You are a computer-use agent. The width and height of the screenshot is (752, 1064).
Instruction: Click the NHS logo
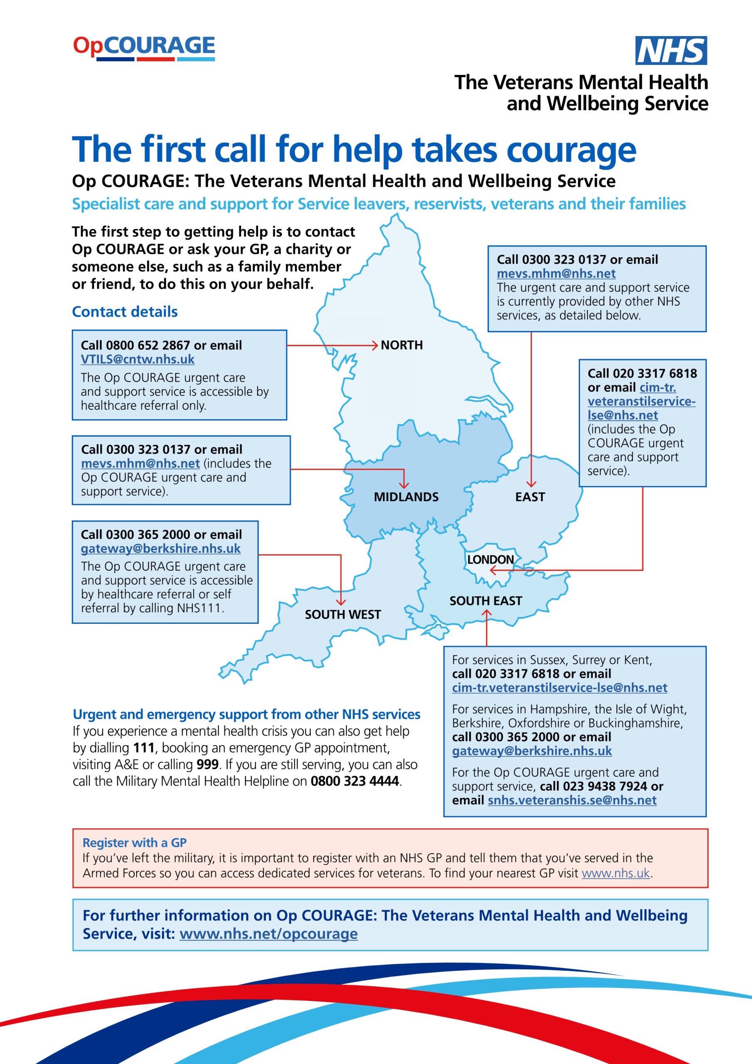click(x=671, y=51)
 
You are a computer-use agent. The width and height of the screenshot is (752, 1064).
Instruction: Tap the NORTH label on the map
click(x=402, y=345)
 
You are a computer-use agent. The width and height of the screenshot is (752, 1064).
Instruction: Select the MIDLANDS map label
click(x=406, y=497)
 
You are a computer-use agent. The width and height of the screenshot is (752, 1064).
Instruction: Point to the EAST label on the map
click(x=530, y=497)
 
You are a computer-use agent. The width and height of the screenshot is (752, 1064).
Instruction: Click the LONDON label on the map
click(x=490, y=559)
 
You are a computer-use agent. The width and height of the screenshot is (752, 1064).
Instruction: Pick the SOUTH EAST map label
click(x=486, y=601)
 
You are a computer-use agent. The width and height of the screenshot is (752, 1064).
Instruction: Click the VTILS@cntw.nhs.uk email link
click(x=138, y=359)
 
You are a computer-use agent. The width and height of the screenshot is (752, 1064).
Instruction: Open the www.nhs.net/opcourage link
click(x=268, y=933)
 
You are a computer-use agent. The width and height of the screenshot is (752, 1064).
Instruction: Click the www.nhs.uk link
click(x=616, y=873)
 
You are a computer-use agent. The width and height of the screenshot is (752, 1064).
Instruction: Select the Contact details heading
click(x=125, y=311)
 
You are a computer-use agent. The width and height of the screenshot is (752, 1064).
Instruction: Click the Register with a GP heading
click(x=134, y=842)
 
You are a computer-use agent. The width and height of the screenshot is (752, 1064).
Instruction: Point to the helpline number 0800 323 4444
click(x=354, y=781)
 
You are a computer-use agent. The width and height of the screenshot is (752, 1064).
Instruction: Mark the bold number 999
click(x=207, y=764)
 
